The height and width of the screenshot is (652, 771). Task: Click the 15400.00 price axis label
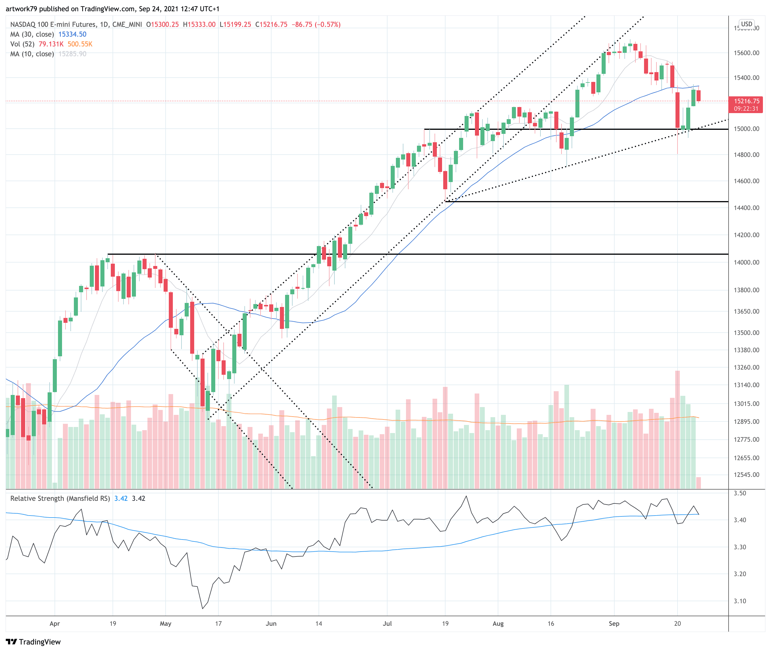pos(746,78)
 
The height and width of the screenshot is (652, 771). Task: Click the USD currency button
pos(746,24)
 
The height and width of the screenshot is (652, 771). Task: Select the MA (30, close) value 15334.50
pos(72,34)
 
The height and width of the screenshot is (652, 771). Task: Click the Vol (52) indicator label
pos(22,44)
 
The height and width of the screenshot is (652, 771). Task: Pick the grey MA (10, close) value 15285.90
pos(72,54)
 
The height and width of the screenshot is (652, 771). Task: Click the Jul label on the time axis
pos(387,623)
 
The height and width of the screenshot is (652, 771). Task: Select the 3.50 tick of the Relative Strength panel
pos(740,493)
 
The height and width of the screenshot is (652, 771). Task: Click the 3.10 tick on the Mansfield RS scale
pos(740,601)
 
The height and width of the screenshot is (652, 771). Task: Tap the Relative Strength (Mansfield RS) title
pos(60,498)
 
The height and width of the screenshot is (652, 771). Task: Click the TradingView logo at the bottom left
pos(33,642)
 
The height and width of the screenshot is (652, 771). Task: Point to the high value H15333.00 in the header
pos(199,25)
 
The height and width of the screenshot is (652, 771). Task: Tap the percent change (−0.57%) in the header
pos(328,25)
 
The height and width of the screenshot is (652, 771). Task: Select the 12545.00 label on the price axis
pos(746,475)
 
